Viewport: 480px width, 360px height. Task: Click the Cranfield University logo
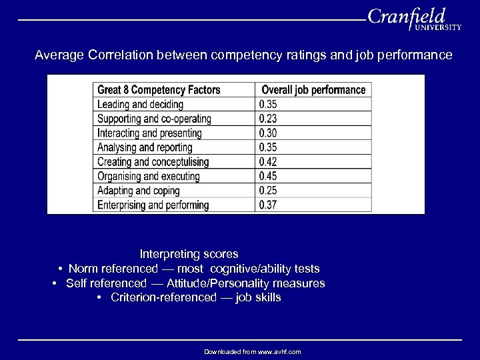click(x=413, y=20)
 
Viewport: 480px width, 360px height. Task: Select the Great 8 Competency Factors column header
click(x=159, y=90)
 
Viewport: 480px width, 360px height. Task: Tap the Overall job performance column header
click(x=313, y=90)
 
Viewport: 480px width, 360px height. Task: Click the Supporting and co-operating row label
click(x=154, y=119)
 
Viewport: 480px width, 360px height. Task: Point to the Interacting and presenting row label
click(x=150, y=133)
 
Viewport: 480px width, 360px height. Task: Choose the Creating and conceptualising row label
click(x=153, y=162)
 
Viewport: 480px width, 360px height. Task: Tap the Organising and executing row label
click(x=148, y=177)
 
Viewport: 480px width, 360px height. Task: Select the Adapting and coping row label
click(x=139, y=191)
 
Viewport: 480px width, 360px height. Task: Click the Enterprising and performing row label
click(x=153, y=205)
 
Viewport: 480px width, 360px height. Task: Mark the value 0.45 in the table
click(x=267, y=177)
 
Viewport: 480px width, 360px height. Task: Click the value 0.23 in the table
click(x=267, y=119)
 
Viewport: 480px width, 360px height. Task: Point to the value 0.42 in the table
click(x=267, y=162)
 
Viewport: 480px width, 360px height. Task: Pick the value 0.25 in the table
click(x=267, y=191)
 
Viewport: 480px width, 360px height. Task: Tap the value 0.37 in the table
click(x=267, y=205)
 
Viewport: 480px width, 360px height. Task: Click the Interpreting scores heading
click(x=189, y=254)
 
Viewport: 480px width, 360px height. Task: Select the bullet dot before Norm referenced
click(x=60, y=269)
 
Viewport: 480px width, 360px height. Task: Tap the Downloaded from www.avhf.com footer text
click(x=253, y=351)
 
